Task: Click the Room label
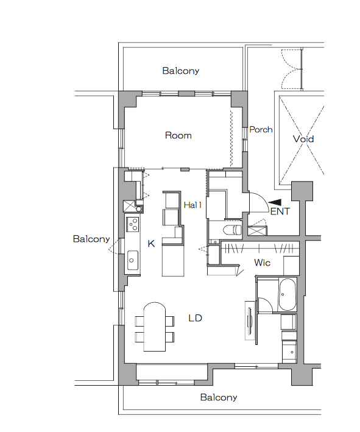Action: point(178,135)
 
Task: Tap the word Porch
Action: point(261,129)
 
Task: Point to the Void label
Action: point(303,138)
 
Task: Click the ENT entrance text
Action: point(280,211)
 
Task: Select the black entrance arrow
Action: point(275,202)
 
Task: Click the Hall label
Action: point(192,205)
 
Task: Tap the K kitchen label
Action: point(151,244)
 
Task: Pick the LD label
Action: point(196,318)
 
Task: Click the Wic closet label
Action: point(262,262)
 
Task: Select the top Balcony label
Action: point(181,71)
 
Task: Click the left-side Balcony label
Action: point(91,239)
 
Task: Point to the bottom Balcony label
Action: point(219,397)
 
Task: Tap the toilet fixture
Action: point(231,230)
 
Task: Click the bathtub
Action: point(288,294)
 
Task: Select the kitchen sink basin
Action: point(132,260)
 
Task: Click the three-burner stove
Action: point(132,224)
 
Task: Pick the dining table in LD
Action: point(155,327)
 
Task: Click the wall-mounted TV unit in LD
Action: point(250,320)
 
